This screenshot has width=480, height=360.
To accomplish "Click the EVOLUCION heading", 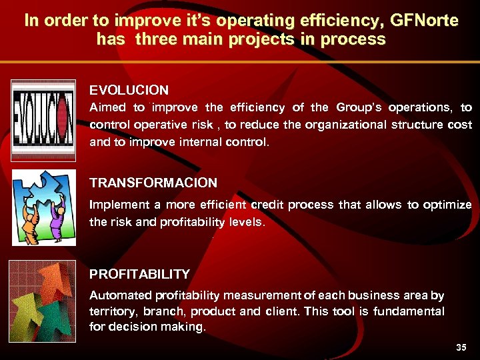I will click(x=129, y=89).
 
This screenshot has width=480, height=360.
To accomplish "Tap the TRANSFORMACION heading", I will click(x=153, y=183).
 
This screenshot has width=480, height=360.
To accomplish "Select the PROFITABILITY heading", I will click(x=139, y=274).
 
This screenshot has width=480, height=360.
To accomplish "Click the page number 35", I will click(x=461, y=347).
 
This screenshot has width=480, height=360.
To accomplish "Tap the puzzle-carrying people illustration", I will click(x=43, y=207).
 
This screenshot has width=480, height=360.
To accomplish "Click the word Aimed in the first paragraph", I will click(x=108, y=107).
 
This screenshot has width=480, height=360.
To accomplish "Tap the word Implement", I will click(x=117, y=205).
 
